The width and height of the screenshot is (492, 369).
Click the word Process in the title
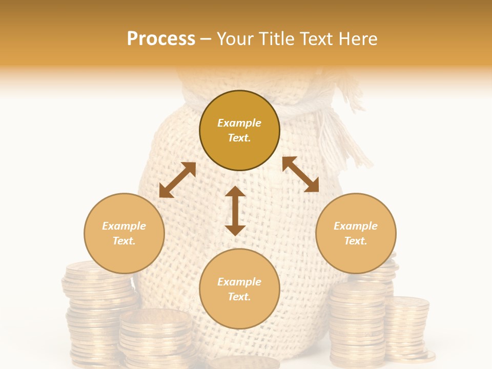tap(161, 39)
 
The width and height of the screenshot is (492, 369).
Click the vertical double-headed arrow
tap(235, 211)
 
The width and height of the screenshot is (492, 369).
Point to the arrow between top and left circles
tap(177, 180)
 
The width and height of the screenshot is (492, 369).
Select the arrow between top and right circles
tap(300, 174)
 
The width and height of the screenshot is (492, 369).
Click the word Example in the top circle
tap(239, 123)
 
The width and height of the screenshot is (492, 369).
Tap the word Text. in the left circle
tap(124, 241)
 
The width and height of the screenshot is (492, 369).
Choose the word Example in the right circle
tap(356, 226)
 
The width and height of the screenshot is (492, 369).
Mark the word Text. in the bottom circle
tap(239, 297)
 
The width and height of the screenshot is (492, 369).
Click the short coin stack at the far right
tap(407, 328)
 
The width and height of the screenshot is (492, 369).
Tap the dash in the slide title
tap(206, 39)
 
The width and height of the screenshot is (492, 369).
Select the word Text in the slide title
tap(315, 39)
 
